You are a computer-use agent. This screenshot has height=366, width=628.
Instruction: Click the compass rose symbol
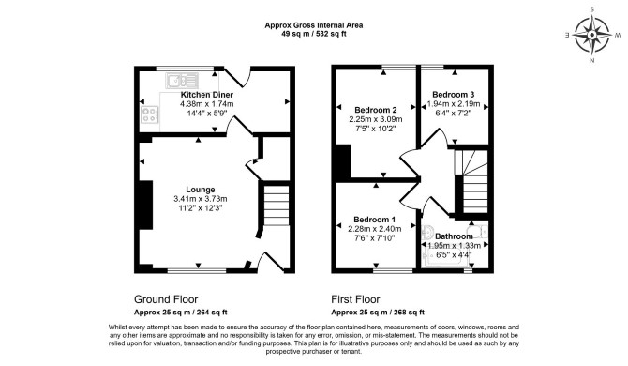591,36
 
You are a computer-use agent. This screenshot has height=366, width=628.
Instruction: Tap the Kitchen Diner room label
206,95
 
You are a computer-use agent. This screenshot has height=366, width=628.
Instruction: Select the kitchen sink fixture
182,81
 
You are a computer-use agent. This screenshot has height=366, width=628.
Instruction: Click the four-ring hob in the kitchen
150,114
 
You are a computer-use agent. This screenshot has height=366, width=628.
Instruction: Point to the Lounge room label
201,190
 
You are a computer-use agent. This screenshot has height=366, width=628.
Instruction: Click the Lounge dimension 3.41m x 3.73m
201,199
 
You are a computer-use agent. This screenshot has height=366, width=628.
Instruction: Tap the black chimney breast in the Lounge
146,205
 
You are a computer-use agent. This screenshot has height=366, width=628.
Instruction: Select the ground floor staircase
277,206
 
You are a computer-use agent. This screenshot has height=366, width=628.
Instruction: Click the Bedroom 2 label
376,110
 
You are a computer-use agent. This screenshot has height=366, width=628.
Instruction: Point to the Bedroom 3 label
454,95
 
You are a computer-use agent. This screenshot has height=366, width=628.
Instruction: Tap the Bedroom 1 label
375,220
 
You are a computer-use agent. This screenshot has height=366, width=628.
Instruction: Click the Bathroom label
454,236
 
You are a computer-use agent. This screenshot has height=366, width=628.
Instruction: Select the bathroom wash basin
426,231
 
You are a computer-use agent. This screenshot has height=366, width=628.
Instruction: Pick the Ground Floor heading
166,299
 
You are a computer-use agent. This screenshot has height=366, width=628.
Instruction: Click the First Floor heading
355,299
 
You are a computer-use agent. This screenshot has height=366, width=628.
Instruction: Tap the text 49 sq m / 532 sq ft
314,34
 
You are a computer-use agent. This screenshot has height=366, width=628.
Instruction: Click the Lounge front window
197,270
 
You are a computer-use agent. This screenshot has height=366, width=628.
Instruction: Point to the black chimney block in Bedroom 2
344,161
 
